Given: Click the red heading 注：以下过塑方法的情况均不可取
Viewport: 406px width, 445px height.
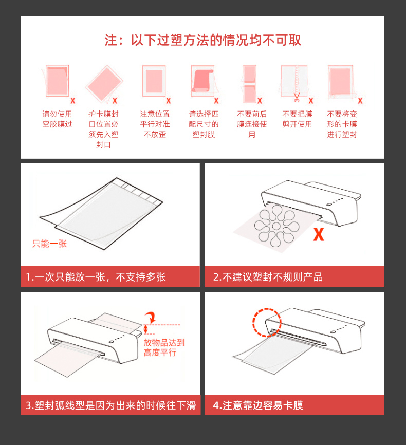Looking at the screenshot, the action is [x=202, y=40].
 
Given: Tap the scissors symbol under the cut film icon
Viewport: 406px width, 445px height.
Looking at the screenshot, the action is [x=297, y=97].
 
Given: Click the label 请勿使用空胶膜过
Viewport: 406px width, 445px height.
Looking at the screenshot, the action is [x=57, y=119].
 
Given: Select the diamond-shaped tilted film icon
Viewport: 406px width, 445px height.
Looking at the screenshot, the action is [x=104, y=83].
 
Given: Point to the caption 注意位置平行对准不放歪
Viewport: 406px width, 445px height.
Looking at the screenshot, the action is [x=155, y=124].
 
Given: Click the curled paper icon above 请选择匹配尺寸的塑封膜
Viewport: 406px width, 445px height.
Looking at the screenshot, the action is [x=202, y=81].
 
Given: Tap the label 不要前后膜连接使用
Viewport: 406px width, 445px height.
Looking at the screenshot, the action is [x=252, y=124].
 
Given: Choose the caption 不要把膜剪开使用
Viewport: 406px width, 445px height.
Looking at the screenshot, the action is [x=297, y=119].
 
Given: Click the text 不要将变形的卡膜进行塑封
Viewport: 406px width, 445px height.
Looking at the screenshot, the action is [x=342, y=124].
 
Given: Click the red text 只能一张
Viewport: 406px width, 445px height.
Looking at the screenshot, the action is [x=49, y=244].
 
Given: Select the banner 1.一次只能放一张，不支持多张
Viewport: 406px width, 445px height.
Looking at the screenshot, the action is [x=110, y=276].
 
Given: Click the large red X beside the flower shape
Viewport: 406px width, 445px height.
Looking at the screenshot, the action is [x=319, y=234].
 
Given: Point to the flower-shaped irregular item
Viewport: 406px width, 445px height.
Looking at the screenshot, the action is [x=276, y=226].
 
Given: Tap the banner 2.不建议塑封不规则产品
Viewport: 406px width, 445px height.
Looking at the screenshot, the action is [x=294, y=276].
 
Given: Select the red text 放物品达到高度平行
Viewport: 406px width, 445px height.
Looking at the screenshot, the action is [x=164, y=347].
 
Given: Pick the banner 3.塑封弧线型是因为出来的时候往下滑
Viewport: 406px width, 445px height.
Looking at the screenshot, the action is [x=110, y=405].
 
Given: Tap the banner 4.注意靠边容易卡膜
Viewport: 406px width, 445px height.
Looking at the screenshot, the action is [x=294, y=405].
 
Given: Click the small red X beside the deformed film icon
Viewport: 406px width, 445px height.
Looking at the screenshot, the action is [x=360, y=101].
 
